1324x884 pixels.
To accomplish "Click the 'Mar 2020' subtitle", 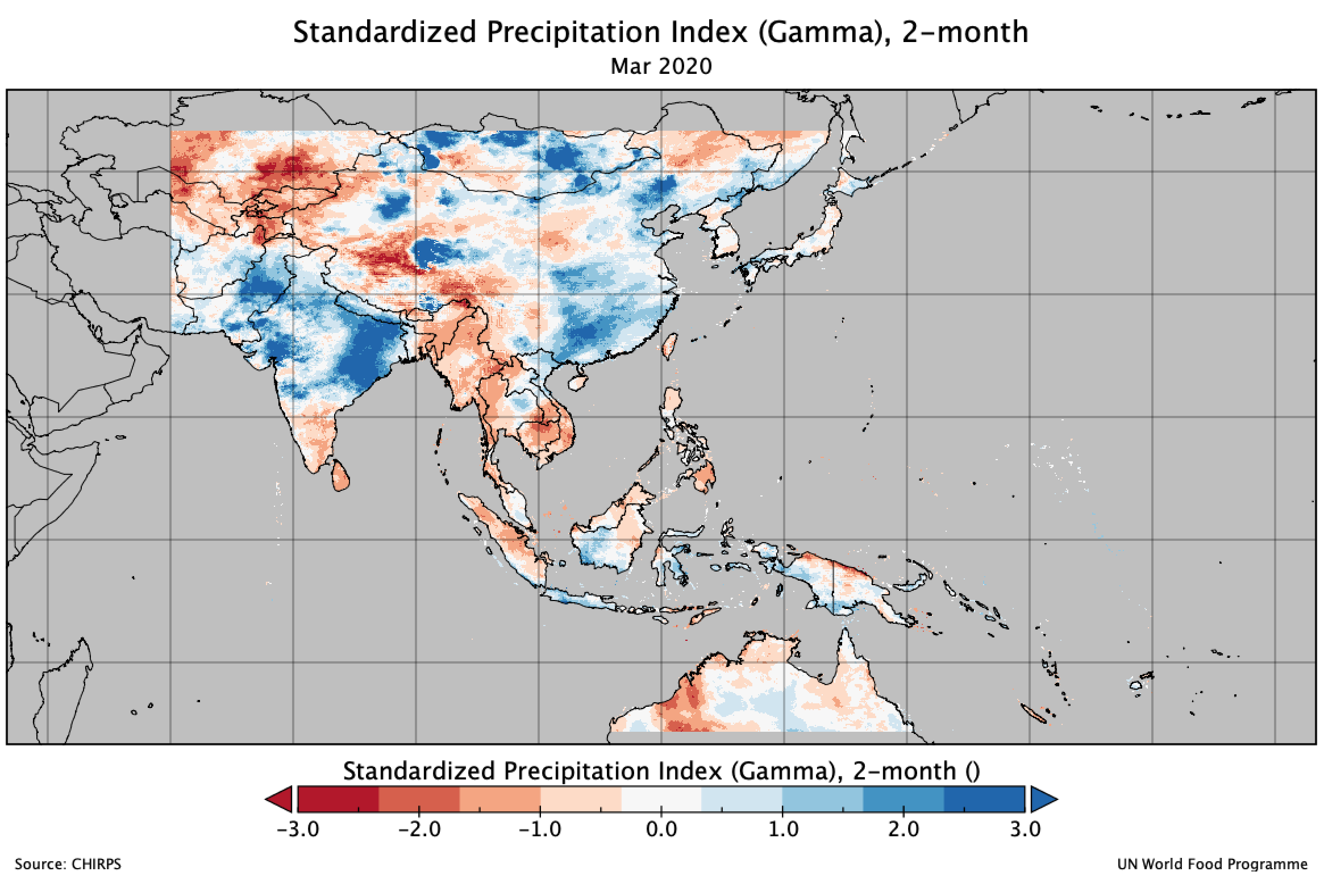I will [660, 67].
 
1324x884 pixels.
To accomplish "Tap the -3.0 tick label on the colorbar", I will [297, 829].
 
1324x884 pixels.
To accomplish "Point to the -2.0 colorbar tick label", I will [419, 829].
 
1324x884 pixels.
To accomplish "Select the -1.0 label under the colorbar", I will [540, 829].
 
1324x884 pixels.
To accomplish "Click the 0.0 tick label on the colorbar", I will [661, 829].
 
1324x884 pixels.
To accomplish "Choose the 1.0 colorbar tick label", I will [782, 829].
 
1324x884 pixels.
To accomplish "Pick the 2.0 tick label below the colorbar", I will [904, 829].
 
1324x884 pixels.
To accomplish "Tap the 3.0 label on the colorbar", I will [1025, 829].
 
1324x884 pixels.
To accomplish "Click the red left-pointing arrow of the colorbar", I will [280, 799].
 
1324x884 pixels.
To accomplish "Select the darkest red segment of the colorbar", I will [338, 799].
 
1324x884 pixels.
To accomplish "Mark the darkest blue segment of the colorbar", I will [984, 799].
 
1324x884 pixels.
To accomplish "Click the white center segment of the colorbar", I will [661, 799].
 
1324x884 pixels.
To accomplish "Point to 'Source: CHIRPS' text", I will [68, 865].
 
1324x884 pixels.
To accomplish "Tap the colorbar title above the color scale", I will [661, 771].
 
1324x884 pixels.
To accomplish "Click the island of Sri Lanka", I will [340, 475].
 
